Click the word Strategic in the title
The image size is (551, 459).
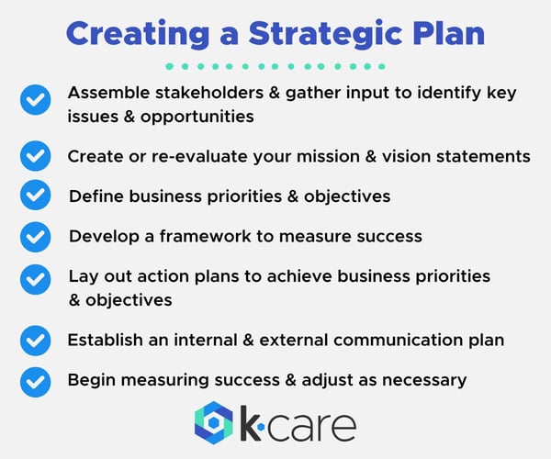318,32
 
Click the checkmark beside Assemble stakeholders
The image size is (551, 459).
35,99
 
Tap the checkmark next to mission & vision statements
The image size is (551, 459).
35,156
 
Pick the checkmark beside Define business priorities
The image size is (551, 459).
35,196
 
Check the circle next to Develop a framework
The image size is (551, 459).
35,236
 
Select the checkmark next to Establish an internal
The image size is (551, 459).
35,341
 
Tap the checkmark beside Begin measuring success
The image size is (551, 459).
35,380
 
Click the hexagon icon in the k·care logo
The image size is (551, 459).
214,423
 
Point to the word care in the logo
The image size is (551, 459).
312,426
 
